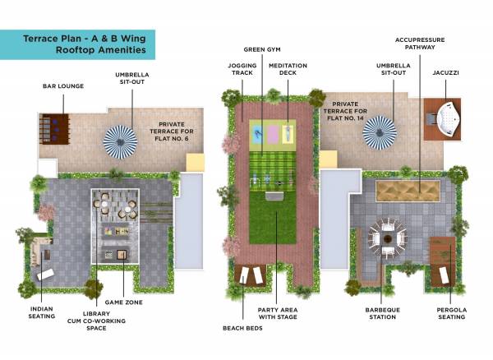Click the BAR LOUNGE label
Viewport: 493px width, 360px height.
tap(63, 85)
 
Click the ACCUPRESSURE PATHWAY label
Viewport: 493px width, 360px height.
tap(415, 44)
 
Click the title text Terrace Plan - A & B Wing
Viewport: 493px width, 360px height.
tap(85, 37)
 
